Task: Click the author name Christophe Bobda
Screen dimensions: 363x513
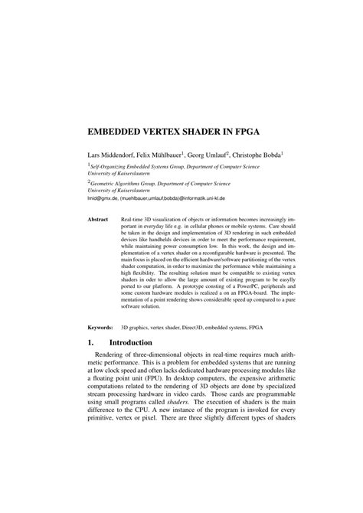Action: click(x=252, y=153)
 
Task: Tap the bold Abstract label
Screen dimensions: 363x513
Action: click(x=97, y=219)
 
